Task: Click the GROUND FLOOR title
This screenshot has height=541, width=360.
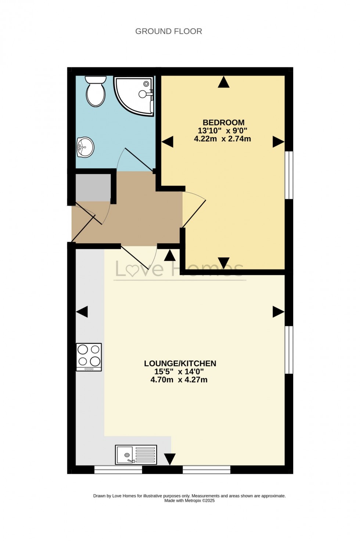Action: [169, 31]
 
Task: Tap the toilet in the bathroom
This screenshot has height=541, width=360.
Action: [96, 92]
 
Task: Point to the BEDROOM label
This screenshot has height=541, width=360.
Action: [223, 122]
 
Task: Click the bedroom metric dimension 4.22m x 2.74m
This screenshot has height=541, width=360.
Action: [222, 139]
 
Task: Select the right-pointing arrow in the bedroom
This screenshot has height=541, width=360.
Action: [278, 142]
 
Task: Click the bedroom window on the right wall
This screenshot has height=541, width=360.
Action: [289, 175]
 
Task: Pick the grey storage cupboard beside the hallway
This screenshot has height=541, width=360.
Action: [93, 188]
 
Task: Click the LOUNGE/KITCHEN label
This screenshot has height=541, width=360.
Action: [180, 363]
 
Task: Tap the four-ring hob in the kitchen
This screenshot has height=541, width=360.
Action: [89, 357]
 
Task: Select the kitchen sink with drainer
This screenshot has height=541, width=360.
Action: [136, 455]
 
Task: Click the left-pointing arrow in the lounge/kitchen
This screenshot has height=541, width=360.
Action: [82, 312]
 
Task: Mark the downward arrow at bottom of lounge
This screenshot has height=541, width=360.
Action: [170, 459]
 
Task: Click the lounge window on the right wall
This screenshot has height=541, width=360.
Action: [289, 350]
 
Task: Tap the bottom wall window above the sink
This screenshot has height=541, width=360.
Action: [118, 469]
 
